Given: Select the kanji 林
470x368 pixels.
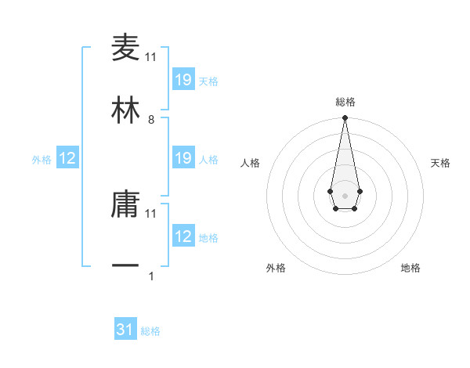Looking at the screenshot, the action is coord(125,110).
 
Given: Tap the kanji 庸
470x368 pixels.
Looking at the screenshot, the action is coord(125,204).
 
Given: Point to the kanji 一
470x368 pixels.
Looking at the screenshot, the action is coord(125,267).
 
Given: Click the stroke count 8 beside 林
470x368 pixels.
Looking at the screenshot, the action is coord(151,120).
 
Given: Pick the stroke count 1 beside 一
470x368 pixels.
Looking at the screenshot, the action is coord(151,276).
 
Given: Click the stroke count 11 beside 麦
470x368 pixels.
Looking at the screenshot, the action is coord(151,57).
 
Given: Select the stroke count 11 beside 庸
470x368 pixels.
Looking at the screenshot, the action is coord(151,213).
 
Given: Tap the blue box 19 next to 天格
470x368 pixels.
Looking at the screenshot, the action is coord(183,80).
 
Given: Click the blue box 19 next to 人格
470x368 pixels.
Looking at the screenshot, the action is coord(183,158).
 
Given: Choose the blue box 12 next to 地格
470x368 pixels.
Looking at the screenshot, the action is coord(183,236).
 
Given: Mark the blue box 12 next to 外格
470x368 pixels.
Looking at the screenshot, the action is coord(67,158).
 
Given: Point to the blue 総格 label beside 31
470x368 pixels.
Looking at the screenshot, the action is coord(150,331).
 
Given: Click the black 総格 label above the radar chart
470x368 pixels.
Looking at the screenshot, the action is coord(345,102).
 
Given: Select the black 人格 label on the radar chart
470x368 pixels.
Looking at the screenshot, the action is coord(251,163).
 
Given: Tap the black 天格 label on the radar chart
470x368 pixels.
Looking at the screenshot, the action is coord(440,163).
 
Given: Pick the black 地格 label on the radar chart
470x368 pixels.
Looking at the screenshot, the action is coord(410,268).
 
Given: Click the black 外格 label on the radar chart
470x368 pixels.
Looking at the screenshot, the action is coord(276,268).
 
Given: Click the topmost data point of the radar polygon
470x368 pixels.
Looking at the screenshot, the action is coord(345,118).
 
